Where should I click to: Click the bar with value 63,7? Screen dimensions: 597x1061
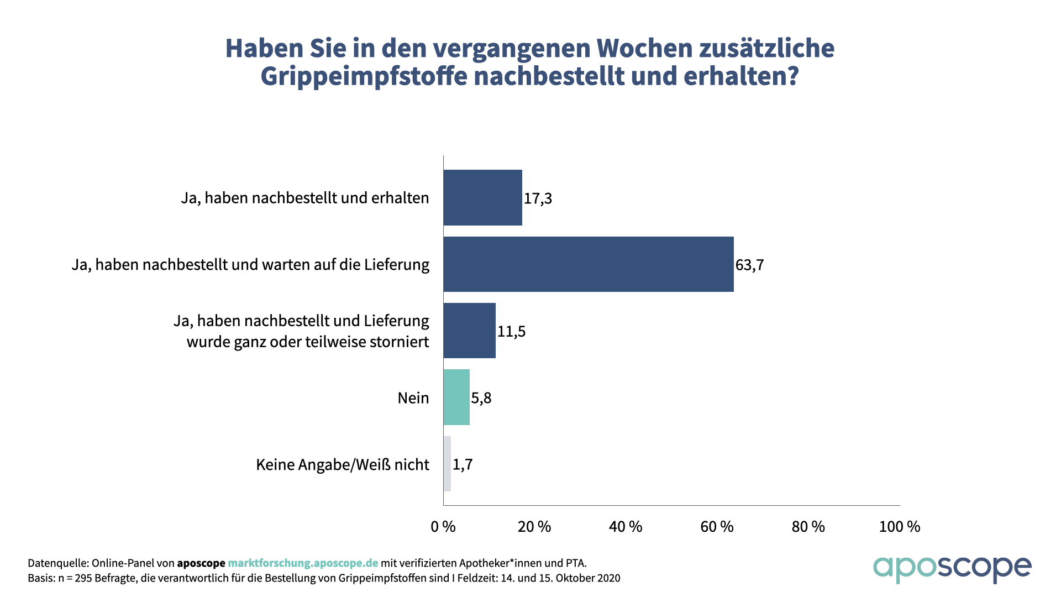pyautogui.click(x=589, y=264)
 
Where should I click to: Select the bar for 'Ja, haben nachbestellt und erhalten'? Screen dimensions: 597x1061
pyautogui.click(x=482, y=197)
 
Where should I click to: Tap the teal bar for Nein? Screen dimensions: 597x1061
pyautogui.click(x=456, y=397)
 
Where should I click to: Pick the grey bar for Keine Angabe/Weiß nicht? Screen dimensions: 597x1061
pyautogui.click(x=447, y=464)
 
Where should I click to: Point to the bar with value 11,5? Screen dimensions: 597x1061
pyautogui.click(x=469, y=331)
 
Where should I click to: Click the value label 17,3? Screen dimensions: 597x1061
pyautogui.click(x=538, y=198)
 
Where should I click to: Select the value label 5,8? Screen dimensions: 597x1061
pyautogui.click(x=481, y=398)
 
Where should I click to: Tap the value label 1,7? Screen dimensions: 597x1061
pyautogui.click(x=463, y=464)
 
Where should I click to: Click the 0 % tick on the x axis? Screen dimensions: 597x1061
pyautogui.click(x=443, y=527)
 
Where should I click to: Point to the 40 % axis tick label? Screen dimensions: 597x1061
pyautogui.click(x=626, y=527)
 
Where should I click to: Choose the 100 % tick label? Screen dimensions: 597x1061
pyautogui.click(x=900, y=527)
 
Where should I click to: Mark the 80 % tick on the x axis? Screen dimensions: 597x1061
pyautogui.click(x=808, y=527)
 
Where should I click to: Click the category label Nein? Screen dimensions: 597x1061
pyautogui.click(x=413, y=398)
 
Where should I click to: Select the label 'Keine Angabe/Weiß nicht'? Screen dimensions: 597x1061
pyautogui.click(x=343, y=464)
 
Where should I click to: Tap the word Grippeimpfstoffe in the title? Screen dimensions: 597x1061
pyautogui.click(x=364, y=76)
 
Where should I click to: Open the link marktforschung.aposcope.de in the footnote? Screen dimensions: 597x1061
pyautogui.click(x=303, y=563)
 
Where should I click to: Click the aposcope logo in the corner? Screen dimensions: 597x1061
pyautogui.click(x=952, y=569)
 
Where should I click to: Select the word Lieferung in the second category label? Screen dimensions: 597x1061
pyautogui.click(x=396, y=265)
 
